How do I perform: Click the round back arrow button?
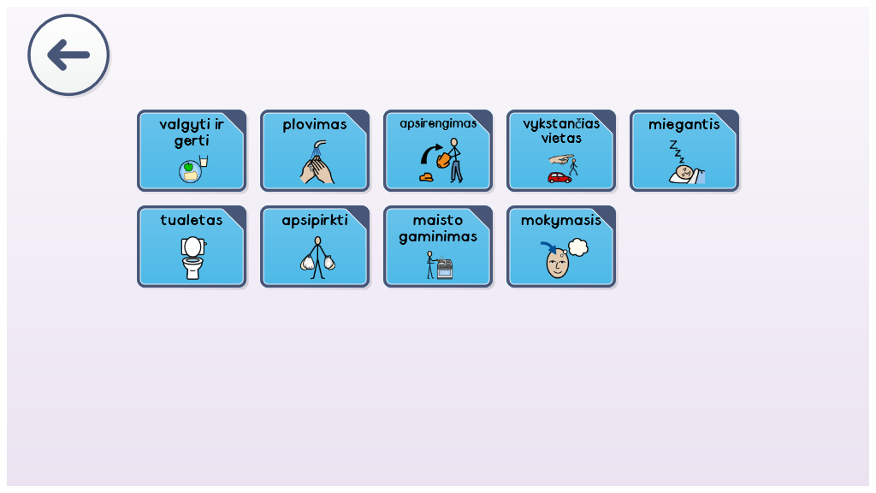click(x=68, y=55)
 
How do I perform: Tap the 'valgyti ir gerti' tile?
click(x=192, y=151)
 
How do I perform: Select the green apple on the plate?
click(x=188, y=167)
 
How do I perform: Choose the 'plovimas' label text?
click(x=315, y=125)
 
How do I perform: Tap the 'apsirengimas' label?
click(x=438, y=124)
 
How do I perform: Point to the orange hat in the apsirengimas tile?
click(x=426, y=177)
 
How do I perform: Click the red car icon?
click(x=559, y=178)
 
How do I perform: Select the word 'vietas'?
click(x=561, y=138)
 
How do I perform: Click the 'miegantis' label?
click(x=684, y=125)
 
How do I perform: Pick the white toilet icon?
click(x=192, y=258)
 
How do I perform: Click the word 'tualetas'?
click(x=192, y=220)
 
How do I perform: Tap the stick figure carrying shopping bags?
click(x=317, y=258)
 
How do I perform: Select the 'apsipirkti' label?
click(x=315, y=221)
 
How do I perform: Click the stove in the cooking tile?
click(x=445, y=268)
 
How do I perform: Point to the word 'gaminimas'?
click(x=438, y=237)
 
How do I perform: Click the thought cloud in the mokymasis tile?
click(x=578, y=247)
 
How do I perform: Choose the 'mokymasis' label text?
click(x=561, y=221)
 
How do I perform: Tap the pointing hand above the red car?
click(x=561, y=159)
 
